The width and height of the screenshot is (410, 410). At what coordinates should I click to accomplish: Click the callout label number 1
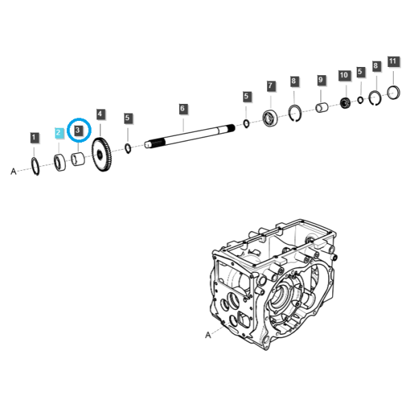34,137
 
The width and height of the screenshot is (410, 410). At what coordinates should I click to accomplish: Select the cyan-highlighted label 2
59,133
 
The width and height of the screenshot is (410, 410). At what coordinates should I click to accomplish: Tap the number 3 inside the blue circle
78,130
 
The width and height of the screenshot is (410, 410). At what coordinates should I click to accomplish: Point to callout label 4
100,114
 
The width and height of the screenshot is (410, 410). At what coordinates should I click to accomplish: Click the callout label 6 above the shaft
183,109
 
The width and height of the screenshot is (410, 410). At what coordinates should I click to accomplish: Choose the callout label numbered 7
271,86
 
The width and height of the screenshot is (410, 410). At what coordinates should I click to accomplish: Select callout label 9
321,80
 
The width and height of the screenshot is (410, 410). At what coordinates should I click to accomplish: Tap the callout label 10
344,75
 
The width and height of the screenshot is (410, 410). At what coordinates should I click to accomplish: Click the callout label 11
394,61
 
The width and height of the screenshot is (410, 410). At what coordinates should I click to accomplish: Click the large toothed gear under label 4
101,155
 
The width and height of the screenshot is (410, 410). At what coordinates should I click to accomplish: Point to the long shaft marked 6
190,136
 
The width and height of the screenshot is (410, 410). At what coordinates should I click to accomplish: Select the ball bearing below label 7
270,118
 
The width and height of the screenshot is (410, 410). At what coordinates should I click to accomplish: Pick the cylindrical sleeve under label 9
322,107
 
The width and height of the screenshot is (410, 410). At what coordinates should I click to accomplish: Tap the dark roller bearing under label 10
346,102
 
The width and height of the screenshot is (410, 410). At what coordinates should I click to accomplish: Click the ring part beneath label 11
394,92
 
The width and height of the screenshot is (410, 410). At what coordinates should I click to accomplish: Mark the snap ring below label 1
36,166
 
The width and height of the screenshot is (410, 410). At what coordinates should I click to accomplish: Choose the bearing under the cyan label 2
60,163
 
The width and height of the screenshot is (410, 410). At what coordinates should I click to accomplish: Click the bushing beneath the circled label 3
78,159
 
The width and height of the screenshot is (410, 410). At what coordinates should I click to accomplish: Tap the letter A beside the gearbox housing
208,335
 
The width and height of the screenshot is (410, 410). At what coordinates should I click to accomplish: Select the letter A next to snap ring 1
14,172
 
